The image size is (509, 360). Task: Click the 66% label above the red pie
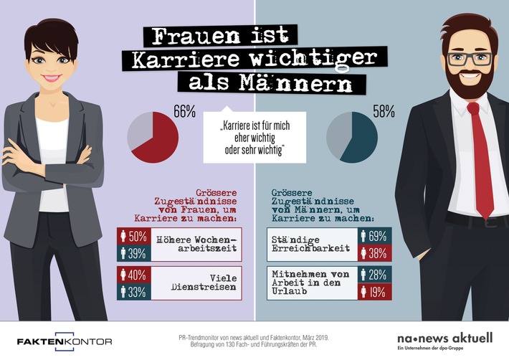tap(184, 111)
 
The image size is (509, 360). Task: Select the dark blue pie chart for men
tap(351, 138)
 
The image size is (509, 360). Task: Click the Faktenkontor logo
tap(65, 341)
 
